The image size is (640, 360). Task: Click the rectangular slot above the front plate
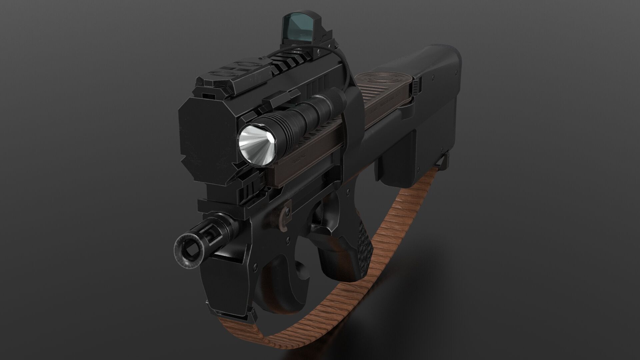[209, 95]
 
